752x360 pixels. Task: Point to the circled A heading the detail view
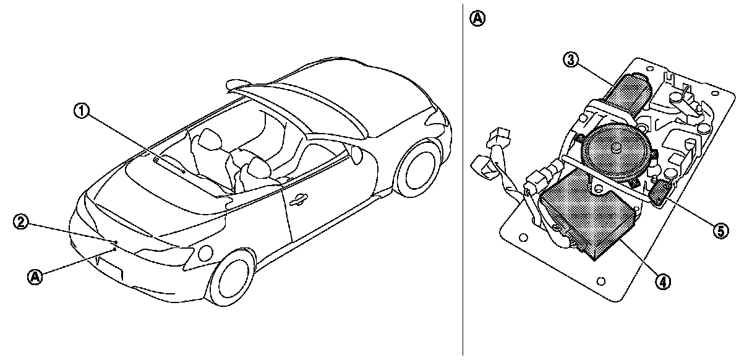coord(477,18)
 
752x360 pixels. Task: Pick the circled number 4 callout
coord(662,281)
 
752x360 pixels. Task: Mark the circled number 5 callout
coord(719,230)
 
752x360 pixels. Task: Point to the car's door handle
coord(299,199)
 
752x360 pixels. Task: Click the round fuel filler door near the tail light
coord(205,253)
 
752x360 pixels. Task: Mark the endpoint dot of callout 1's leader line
coord(184,171)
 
